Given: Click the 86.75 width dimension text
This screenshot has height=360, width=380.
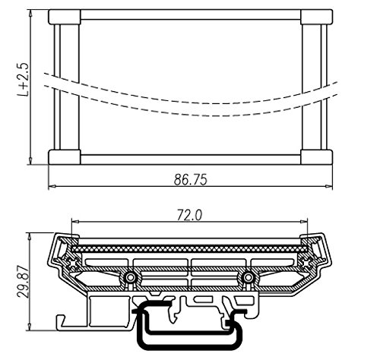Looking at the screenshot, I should pos(190,179).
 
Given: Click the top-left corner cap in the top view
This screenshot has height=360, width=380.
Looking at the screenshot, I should pos(64,17).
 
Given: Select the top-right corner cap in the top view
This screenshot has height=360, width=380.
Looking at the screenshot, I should pos(316,17).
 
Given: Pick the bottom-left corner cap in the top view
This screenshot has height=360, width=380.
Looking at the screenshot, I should pos(64,157).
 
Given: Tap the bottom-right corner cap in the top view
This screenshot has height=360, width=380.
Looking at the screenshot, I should pos(316,157).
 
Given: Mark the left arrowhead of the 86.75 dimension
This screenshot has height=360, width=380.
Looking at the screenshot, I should pos(52,188).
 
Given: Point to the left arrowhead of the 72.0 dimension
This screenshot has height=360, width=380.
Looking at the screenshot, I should pos(74,223).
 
